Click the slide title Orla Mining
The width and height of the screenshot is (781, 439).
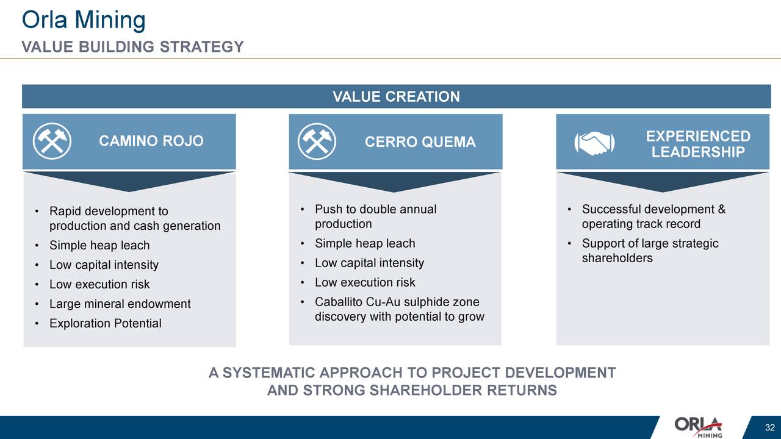tap(84, 20)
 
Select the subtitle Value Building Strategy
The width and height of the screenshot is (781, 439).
tap(133, 47)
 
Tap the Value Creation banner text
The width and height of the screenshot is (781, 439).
tap(396, 96)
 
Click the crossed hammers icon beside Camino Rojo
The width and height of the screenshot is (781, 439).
tap(52, 141)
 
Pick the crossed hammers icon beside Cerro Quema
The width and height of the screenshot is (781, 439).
tap(317, 141)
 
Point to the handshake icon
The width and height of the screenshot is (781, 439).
tap(594, 143)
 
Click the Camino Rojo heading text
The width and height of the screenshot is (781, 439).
tap(151, 141)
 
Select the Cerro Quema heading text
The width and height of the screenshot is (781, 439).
tap(420, 142)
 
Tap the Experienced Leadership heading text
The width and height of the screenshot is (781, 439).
tap(698, 144)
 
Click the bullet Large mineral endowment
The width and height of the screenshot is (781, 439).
tap(120, 304)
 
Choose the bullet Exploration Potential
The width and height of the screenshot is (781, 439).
tap(106, 323)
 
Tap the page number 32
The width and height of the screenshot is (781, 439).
tap(770, 427)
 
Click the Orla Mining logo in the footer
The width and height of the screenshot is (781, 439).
tap(698, 427)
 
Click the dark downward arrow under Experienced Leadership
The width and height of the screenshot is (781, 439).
tap(663, 182)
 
